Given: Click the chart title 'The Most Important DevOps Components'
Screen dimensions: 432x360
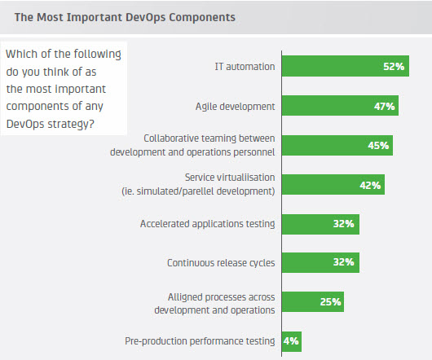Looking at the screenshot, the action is coord(125,17).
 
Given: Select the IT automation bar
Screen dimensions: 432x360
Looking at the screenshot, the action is coord(346,66).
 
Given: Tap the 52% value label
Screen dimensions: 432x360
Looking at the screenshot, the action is coord(394,67).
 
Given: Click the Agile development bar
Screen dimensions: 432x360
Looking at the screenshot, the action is coord(340,106).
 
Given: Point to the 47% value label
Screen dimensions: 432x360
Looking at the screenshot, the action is coord(385,106).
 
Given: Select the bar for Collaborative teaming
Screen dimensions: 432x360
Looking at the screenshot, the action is coord(337,145).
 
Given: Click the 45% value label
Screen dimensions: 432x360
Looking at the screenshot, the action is coord(378,146).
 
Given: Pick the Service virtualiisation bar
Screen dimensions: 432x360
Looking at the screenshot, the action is coord(333,185).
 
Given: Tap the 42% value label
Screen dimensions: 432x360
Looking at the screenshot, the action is coord(370,186).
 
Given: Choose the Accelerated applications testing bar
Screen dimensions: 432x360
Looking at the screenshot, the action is coord(320,224).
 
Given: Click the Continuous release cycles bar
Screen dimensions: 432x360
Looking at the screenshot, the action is coord(320,262).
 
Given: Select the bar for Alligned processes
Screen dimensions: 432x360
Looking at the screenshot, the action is coord(313,302).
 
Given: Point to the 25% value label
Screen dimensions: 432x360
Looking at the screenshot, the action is coord(330,302).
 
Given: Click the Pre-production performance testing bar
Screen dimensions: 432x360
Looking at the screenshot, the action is coord(292,341).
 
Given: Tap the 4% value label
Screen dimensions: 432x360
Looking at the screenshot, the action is coord(291,341).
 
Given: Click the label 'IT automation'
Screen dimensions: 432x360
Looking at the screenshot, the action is coord(245,67).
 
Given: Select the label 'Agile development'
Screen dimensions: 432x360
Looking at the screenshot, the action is coord(236,107).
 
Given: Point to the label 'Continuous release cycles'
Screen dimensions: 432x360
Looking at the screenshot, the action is coord(221,263).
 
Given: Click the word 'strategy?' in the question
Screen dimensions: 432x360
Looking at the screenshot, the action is coord(71,124).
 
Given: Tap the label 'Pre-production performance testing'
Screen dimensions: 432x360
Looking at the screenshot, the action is coord(200,341).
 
